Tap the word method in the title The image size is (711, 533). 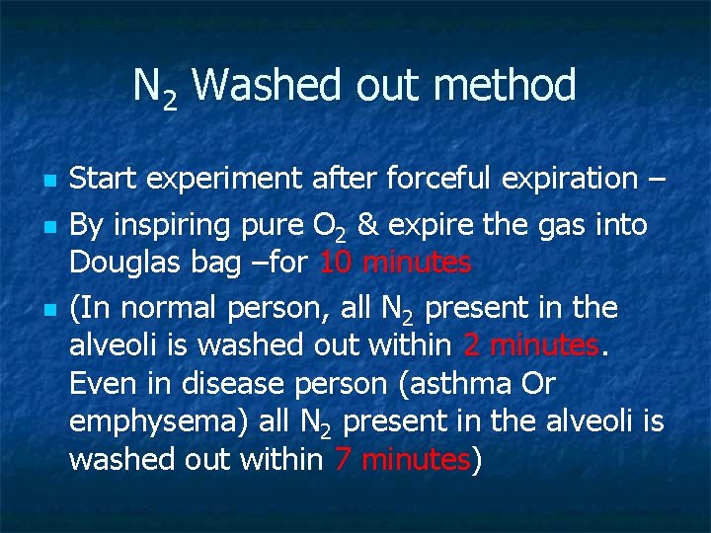[x=504, y=86]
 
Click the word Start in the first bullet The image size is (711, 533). [x=104, y=180]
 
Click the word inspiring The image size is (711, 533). [x=171, y=226]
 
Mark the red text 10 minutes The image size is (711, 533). [x=394, y=264]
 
